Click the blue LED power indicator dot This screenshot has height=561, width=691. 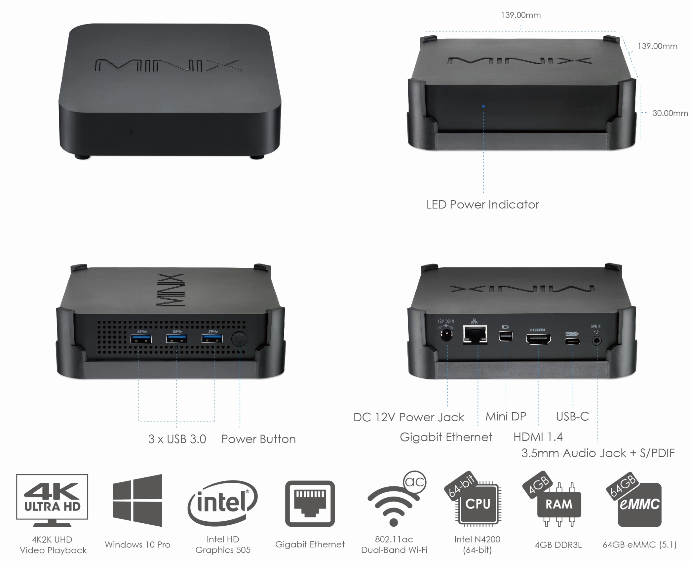(x=483, y=106)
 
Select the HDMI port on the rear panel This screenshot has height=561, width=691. (x=538, y=339)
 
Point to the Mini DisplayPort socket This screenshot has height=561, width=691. (x=506, y=336)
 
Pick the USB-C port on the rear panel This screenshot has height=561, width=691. (x=572, y=341)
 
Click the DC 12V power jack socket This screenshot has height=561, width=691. (x=446, y=336)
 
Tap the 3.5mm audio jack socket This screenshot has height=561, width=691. (x=596, y=340)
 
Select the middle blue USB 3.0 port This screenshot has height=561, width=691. (x=176, y=339)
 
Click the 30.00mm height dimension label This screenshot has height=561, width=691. (x=670, y=113)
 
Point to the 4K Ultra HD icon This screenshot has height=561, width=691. (x=52, y=500)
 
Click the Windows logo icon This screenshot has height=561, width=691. (x=137, y=500)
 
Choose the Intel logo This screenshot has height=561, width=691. (x=222, y=503)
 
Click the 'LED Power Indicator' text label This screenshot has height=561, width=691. (x=482, y=205)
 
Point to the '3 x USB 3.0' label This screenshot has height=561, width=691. (x=177, y=439)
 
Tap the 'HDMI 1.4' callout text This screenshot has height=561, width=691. (x=538, y=437)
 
